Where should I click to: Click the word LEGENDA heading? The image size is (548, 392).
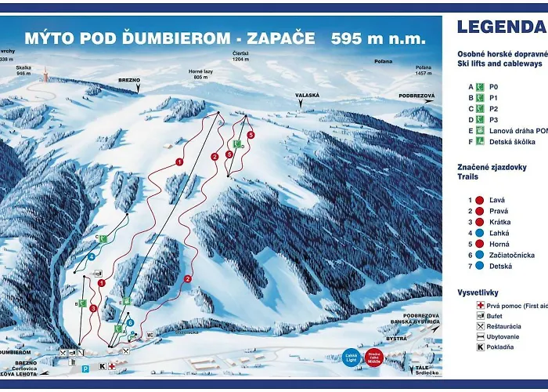[501, 27]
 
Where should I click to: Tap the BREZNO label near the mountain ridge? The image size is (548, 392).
[130, 80]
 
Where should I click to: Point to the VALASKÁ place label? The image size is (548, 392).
[308, 95]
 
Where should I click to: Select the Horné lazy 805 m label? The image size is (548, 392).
[200, 75]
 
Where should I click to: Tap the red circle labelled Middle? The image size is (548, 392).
[375, 358]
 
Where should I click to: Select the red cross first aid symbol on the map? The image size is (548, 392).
[112, 365]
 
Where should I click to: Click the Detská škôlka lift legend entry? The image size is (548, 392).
[501, 142]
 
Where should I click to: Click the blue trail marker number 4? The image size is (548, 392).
[92, 256]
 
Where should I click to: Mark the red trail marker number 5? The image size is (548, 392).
[251, 136]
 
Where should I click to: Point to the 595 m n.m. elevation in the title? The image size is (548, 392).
[378, 38]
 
